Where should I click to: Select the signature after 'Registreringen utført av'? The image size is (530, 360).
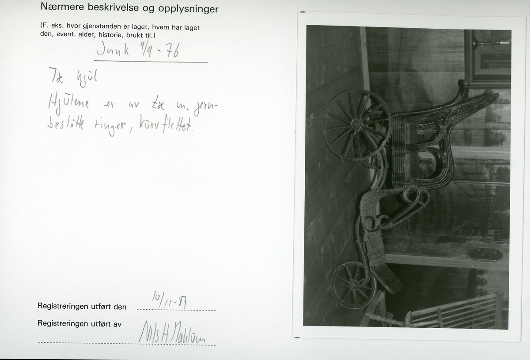pos(167,333)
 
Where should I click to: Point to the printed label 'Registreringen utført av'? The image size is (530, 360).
pos(79,323)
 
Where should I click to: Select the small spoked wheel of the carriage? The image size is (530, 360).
pos(352,284)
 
